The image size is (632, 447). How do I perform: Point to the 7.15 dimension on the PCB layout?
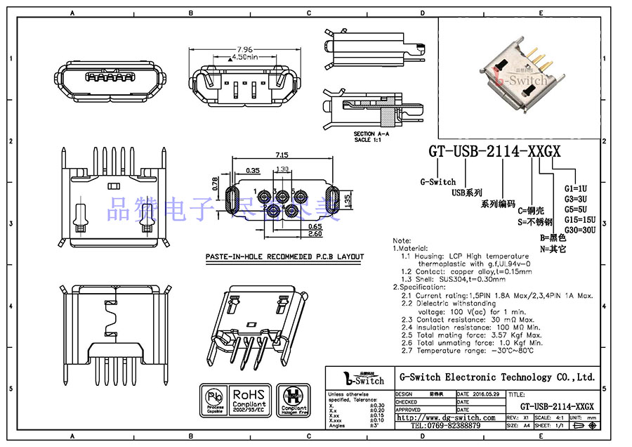(x=281, y=155)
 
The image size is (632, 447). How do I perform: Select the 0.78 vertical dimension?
(x=215, y=183)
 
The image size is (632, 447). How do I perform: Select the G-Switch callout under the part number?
(x=437, y=181)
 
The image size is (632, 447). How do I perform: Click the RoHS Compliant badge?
(x=249, y=401)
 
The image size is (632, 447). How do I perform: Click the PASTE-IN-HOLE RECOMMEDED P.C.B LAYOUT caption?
(x=284, y=257)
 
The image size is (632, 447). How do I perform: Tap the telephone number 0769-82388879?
(x=445, y=426)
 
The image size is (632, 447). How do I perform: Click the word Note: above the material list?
(x=402, y=241)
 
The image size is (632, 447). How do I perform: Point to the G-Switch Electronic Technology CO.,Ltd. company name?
(x=496, y=377)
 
